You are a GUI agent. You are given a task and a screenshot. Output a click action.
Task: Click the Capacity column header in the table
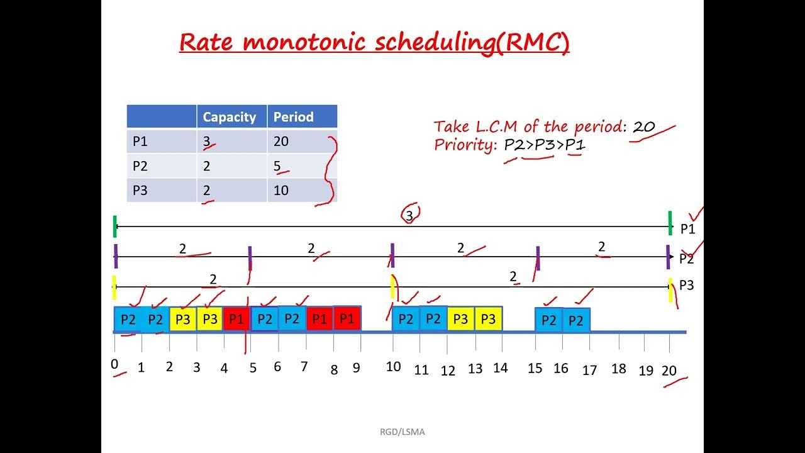[229, 117]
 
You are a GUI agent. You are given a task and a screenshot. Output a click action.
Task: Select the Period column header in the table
[293, 117]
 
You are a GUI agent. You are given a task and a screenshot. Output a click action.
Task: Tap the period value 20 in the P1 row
[280, 142]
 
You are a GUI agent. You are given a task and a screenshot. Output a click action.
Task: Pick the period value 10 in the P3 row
[280, 190]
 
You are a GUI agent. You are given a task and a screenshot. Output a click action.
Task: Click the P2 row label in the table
[140, 166]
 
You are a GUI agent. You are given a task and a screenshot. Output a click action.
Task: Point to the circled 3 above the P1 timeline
[410, 215]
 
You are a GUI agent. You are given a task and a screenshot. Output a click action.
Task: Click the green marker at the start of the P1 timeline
[114, 226]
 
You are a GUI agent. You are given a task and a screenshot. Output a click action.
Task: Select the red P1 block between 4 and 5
[236, 319]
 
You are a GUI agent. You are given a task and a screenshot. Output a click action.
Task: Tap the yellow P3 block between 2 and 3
[182, 319]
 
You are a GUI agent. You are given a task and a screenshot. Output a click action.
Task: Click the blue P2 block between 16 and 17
[576, 320]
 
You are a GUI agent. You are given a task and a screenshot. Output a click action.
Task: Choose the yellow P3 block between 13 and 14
[488, 319]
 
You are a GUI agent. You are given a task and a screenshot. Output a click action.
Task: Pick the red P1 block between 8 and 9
[347, 318]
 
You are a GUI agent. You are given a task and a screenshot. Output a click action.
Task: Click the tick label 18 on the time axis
[619, 369]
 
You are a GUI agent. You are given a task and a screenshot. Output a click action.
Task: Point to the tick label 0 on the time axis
[114, 364]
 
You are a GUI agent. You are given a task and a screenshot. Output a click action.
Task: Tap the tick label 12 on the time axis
[448, 371]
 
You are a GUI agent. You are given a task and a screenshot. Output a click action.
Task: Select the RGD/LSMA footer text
[402, 432]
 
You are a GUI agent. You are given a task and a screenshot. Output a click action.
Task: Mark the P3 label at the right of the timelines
[686, 285]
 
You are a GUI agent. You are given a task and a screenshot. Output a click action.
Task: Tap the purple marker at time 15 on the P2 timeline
[538, 257]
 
